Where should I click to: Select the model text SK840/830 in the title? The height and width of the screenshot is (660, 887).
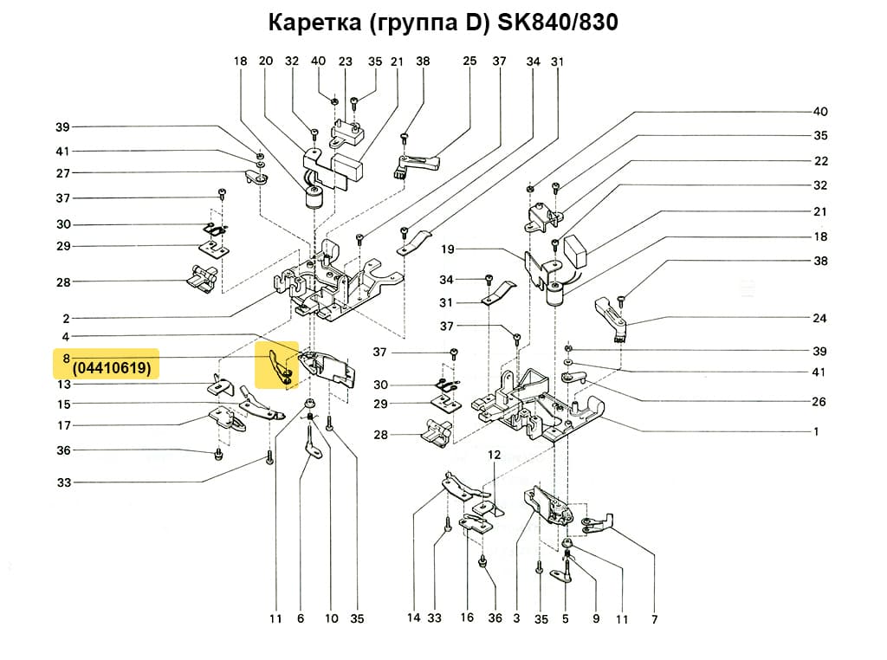coord(558,23)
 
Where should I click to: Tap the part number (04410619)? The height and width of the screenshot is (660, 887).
coord(113,368)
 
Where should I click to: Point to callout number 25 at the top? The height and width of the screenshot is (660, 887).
coord(469,61)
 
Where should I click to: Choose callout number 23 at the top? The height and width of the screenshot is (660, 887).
coord(346,61)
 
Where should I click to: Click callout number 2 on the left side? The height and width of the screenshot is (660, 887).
coord(66,318)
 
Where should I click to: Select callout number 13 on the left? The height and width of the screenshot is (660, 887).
coord(64,384)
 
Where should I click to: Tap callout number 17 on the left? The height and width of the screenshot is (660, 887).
coord(64,425)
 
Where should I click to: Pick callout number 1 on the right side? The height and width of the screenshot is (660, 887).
coord(815,430)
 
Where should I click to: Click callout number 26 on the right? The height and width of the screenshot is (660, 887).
coord(819,402)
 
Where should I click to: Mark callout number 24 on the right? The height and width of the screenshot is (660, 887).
coord(819,318)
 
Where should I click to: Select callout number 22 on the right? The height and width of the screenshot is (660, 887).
coord(819,161)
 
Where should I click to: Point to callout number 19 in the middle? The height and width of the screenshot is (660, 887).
coord(448,249)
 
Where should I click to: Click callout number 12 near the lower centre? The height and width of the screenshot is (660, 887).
coord(494,454)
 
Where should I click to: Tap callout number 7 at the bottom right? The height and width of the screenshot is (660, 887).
coord(654,619)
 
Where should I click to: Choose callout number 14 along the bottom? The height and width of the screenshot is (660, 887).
coord(414,618)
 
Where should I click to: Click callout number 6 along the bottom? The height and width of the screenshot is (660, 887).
coord(301,618)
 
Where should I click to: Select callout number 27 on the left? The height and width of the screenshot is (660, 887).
coord(63,173)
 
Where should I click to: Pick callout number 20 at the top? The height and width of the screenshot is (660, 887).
coord(266,61)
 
